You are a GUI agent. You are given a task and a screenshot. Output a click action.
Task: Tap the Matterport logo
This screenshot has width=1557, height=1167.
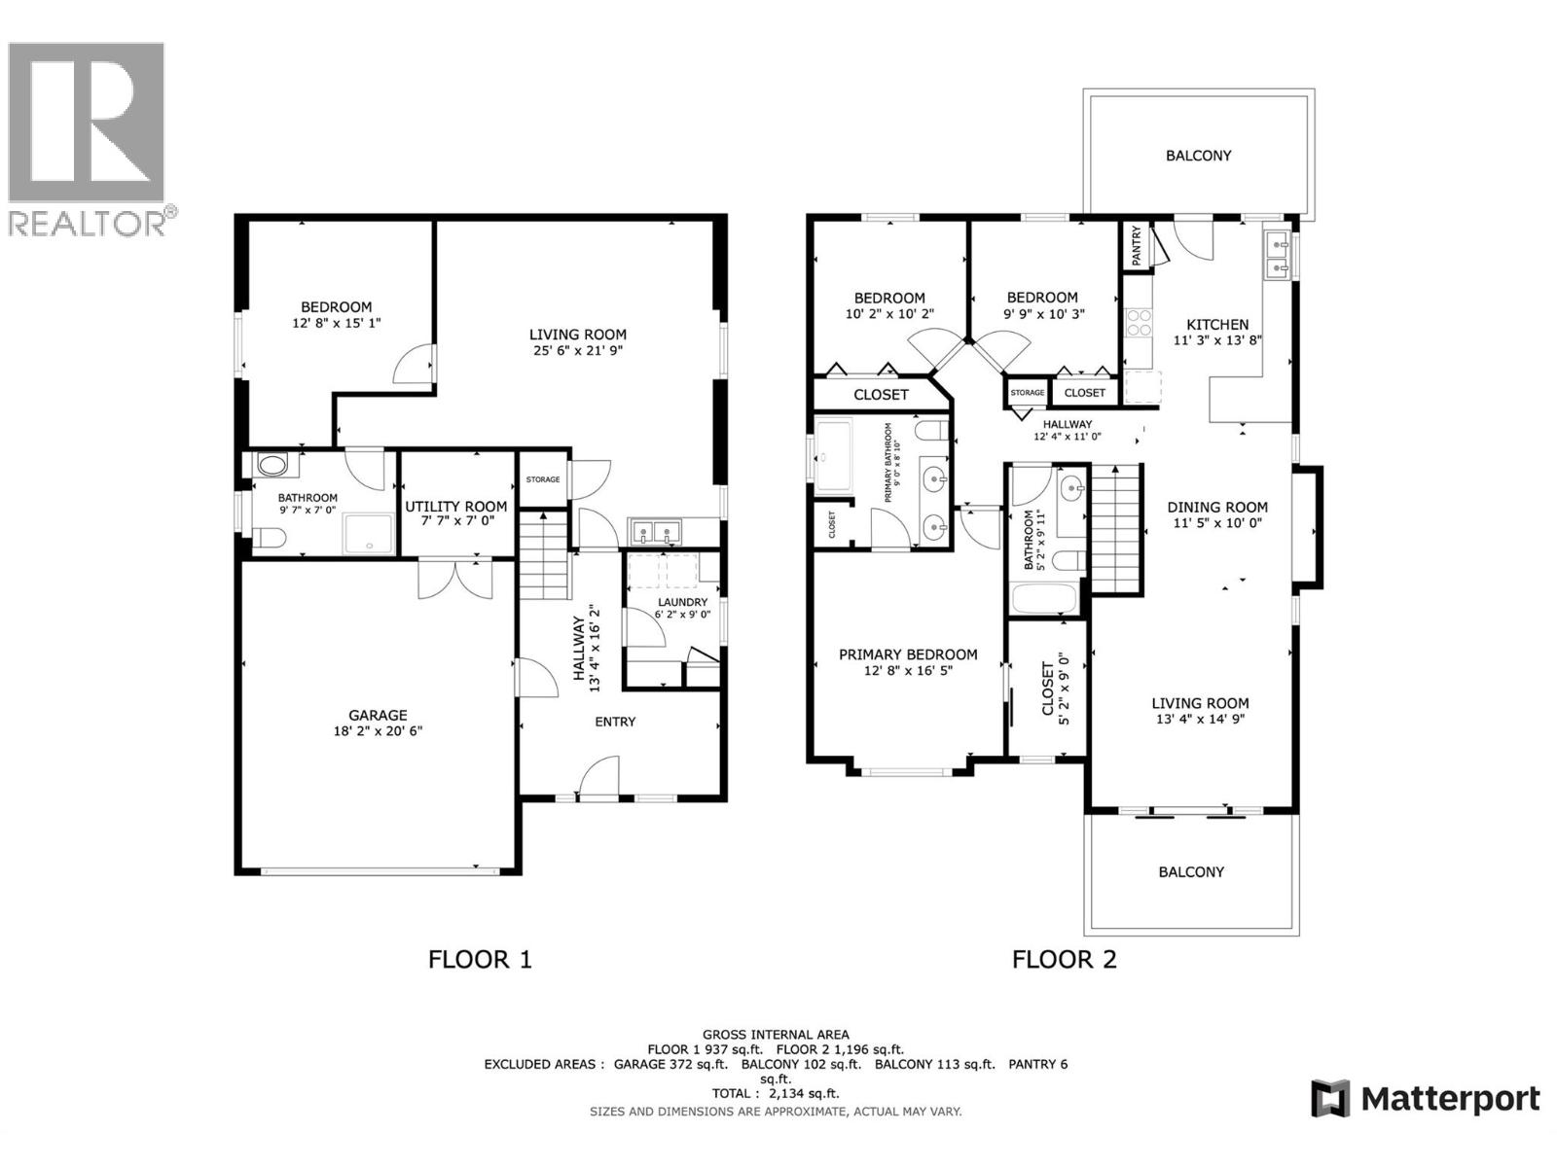[x=1426, y=1099]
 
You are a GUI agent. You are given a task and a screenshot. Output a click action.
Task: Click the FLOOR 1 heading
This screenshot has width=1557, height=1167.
[x=480, y=960]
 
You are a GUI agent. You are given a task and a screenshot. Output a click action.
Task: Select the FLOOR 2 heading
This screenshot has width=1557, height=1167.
[x=1064, y=960]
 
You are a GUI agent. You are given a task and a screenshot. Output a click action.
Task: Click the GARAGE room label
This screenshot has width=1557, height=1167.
[x=379, y=715]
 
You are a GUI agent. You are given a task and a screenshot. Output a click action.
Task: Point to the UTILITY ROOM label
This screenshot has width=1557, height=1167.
[x=455, y=507]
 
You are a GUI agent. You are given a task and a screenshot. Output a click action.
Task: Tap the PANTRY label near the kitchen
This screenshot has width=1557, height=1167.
[x=1136, y=246]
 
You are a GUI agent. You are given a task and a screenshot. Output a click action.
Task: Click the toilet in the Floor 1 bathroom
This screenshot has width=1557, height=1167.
[x=268, y=537]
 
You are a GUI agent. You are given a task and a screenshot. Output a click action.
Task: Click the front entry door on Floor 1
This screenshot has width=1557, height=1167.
[x=598, y=780]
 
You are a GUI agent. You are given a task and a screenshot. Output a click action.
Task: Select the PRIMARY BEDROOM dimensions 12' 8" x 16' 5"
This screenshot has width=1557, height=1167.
[x=908, y=670]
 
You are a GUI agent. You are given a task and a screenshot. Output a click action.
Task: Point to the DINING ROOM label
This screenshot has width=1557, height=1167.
[x=1217, y=507]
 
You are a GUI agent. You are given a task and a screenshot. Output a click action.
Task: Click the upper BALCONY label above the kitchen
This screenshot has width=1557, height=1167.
[x=1198, y=156]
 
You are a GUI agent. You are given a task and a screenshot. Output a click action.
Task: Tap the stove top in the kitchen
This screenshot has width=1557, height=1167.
[x=1139, y=322]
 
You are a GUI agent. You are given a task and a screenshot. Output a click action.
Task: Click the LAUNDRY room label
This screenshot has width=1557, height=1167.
[x=681, y=602]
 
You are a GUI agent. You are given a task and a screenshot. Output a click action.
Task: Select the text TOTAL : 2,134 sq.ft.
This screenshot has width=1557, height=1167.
[x=776, y=1093]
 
